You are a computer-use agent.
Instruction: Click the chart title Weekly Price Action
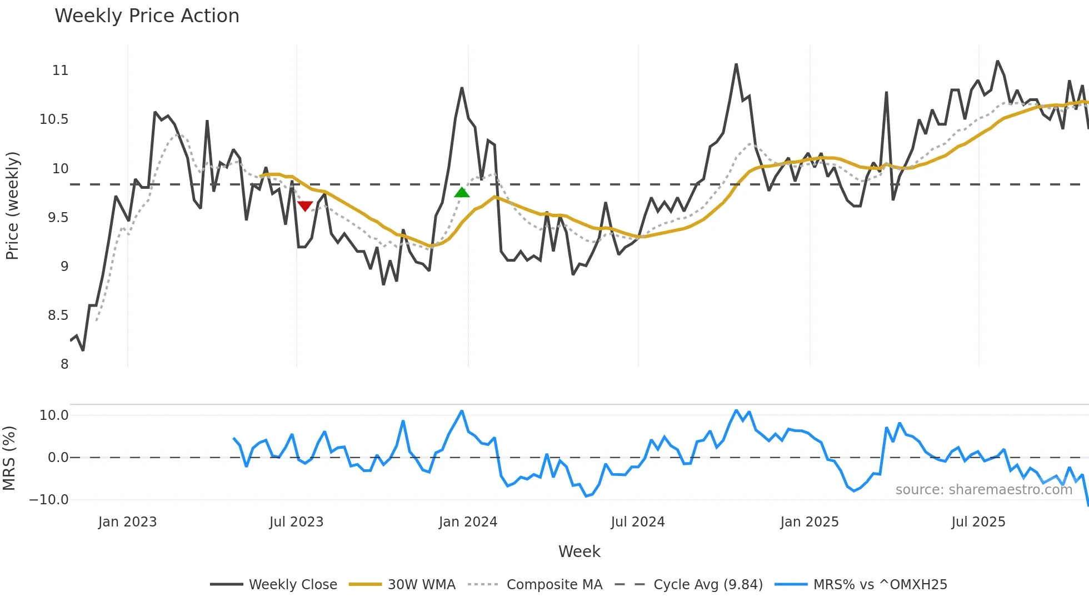[147, 16]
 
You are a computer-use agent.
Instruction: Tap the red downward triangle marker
[305, 206]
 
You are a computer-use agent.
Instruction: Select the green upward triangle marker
[462, 193]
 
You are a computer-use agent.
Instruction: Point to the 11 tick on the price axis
[60, 71]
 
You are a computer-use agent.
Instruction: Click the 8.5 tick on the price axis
[58, 315]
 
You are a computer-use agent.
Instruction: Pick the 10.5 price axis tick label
[54, 119]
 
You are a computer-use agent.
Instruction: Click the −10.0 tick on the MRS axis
[49, 500]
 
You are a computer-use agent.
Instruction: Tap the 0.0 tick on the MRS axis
[58, 458]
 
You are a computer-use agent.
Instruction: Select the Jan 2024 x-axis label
[468, 522]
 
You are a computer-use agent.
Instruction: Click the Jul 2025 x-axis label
[978, 522]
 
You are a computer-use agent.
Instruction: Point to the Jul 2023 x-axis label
[296, 522]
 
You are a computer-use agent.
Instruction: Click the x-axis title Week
[579, 551]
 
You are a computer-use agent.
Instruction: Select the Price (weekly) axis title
[12, 205]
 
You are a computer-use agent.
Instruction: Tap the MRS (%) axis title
[9, 458]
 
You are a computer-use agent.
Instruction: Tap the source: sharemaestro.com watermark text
[983, 490]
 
